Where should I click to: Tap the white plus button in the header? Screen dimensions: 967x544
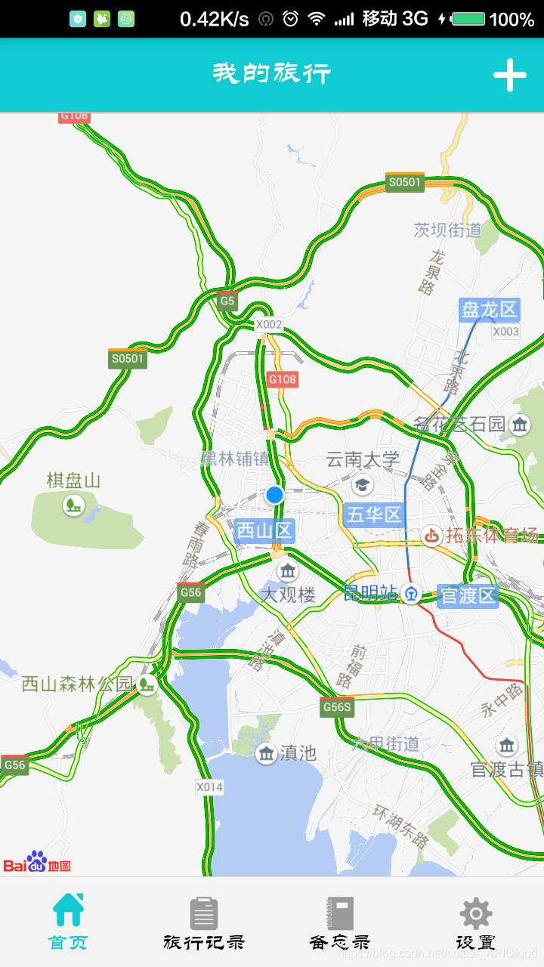(x=510, y=75)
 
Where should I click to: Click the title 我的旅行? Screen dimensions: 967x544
(x=272, y=74)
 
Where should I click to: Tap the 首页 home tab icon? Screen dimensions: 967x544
(x=68, y=910)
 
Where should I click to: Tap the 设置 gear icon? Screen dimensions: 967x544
(x=476, y=913)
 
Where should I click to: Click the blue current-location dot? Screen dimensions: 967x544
(x=274, y=495)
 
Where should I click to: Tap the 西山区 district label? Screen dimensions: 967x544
(x=264, y=531)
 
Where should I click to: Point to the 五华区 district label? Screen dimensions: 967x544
(x=374, y=515)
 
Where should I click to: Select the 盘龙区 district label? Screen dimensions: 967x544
(x=490, y=310)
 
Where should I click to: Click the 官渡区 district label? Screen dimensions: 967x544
(x=468, y=596)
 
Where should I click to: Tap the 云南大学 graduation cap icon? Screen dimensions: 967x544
(x=363, y=483)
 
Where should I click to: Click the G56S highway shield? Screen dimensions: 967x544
(x=336, y=707)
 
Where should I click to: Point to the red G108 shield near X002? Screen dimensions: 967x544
(x=282, y=378)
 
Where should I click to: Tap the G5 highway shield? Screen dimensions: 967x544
(x=227, y=301)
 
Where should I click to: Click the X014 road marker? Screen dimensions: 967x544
(x=209, y=786)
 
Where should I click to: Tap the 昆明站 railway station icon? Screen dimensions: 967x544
(x=411, y=594)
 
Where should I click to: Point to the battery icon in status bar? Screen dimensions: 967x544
(x=468, y=19)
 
